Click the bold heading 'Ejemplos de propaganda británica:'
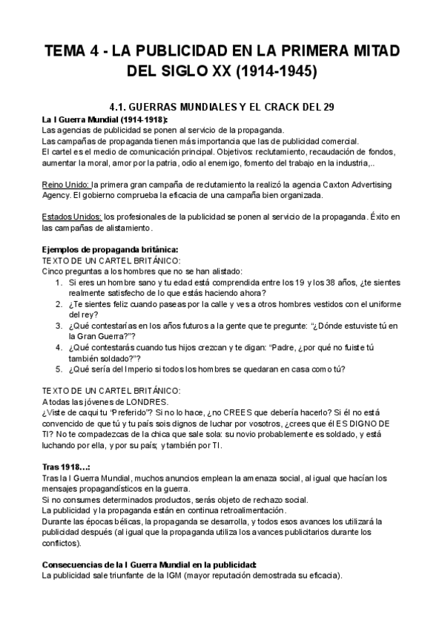pos(110,249)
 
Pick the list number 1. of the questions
pos(60,282)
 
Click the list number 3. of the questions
pos(60,326)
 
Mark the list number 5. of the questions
pos(60,369)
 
